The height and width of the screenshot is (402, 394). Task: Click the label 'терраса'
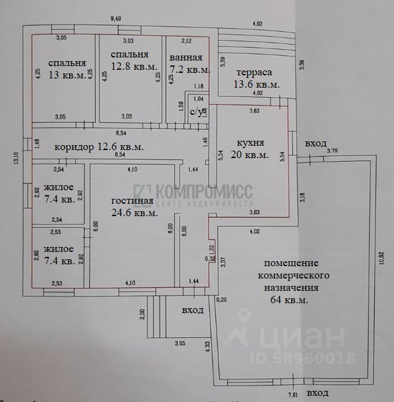click(254, 72)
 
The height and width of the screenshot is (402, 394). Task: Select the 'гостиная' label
click(132, 201)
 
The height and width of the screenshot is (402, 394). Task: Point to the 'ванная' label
click(185, 58)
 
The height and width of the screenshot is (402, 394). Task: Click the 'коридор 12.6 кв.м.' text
click(99, 147)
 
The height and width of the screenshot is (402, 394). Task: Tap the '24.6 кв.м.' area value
click(134, 212)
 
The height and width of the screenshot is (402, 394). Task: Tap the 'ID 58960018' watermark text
click(302, 358)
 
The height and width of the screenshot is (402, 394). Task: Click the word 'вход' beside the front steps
click(191, 310)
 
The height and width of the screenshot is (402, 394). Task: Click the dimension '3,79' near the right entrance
click(332, 150)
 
